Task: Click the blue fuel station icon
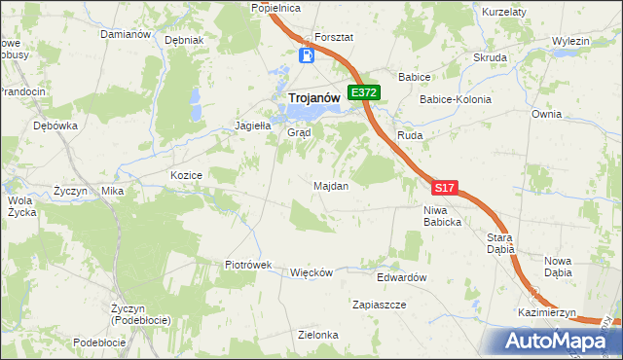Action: (307, 55)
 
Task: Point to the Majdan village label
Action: (331, 185)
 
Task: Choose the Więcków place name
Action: (311, 272)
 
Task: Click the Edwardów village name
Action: (403, 277)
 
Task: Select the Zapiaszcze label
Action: (379, 305)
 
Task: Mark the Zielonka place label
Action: (318, 335)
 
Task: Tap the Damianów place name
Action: (126, 34)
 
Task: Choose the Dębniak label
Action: (184, 41)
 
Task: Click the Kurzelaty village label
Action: (503, 12)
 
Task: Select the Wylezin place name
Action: (571, 42)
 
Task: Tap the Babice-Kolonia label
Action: (455, 99)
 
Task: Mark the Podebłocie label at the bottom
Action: (101, 342)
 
